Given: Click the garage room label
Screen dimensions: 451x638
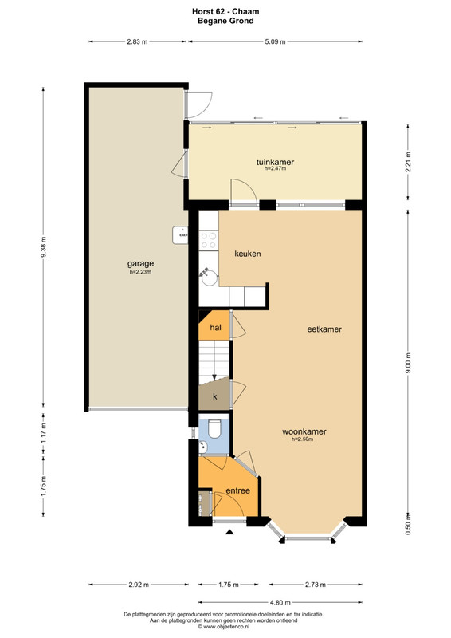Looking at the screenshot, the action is coord(140,264).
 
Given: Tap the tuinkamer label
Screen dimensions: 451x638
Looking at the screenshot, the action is coord(275,162).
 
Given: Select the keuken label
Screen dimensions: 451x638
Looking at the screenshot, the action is coord(248,254).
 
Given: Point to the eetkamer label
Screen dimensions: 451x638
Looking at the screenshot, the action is coord(324,329).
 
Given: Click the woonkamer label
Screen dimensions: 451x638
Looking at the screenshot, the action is coord(304,431).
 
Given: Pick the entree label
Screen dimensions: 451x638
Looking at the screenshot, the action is coord(238,490).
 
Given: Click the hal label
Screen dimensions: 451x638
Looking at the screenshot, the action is coord(215,327).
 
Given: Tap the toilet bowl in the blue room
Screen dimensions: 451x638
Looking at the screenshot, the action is coord(214,429).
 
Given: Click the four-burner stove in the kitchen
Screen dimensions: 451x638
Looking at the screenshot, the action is coord(209,240).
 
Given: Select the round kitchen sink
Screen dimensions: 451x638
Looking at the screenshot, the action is coord(209,278).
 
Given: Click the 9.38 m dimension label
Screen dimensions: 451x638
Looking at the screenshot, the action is coord(44,247).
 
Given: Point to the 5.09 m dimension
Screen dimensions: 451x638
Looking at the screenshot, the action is coord(275,41).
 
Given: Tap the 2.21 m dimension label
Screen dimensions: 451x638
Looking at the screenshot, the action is coord(408,162).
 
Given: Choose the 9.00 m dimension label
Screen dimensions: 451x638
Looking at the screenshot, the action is coord(408,363).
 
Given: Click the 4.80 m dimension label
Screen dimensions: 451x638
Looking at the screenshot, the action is coord(280,602).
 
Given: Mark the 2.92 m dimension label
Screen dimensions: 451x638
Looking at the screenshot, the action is coord(139,585).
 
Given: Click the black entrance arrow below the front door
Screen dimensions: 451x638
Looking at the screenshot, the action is coord(229,531).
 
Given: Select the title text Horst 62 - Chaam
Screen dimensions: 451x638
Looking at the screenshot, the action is coord(225,11).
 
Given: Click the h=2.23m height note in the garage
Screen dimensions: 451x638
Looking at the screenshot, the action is coord(140,272).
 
